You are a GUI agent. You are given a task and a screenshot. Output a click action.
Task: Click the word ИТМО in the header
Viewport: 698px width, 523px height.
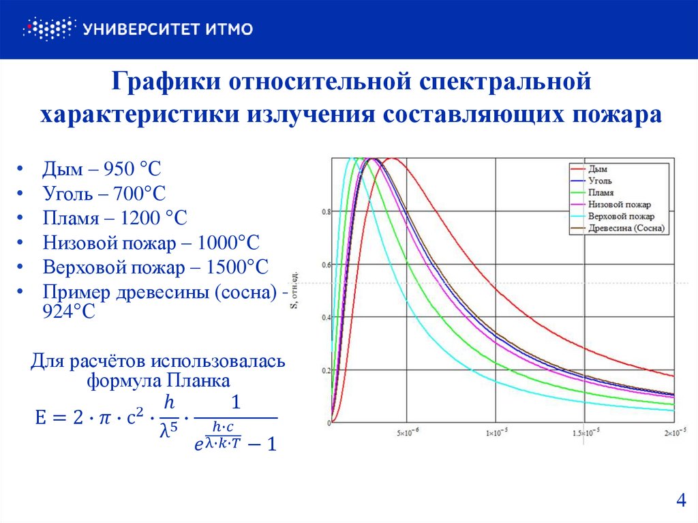point(228,29)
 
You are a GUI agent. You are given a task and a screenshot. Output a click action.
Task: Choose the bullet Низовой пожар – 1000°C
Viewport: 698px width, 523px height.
point(151,243)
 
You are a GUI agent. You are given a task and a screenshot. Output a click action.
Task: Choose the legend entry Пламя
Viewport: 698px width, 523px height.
point(601,192)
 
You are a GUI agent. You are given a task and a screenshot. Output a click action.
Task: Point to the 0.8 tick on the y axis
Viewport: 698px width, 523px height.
point(324,212)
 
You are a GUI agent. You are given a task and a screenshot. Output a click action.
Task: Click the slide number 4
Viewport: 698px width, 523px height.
point(680,501)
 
